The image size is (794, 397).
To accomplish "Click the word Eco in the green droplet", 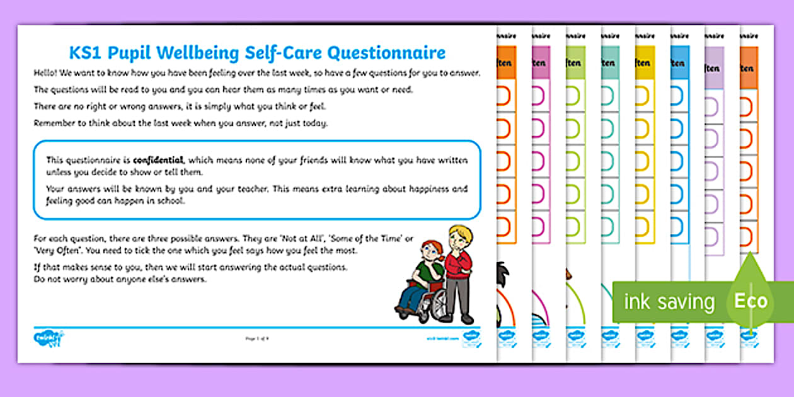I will (751, 301).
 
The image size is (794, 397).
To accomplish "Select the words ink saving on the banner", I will (669, 302).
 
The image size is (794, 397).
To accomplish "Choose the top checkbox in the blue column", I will (677, 95).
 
